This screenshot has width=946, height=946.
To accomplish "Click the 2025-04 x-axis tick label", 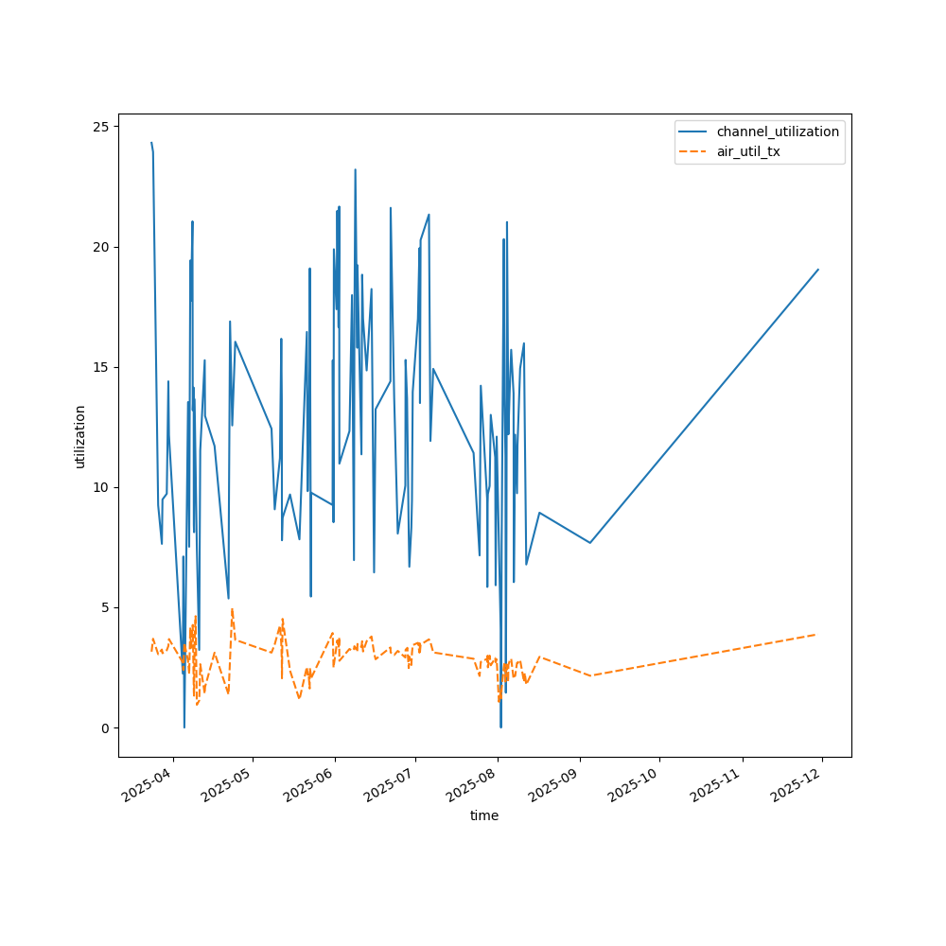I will [x=149, y=784].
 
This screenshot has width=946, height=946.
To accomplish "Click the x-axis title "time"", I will [x=484, y=815].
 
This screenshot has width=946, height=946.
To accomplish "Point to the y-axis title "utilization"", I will [x=80, y=436].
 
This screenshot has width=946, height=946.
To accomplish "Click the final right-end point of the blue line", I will [x=818, y=270].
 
